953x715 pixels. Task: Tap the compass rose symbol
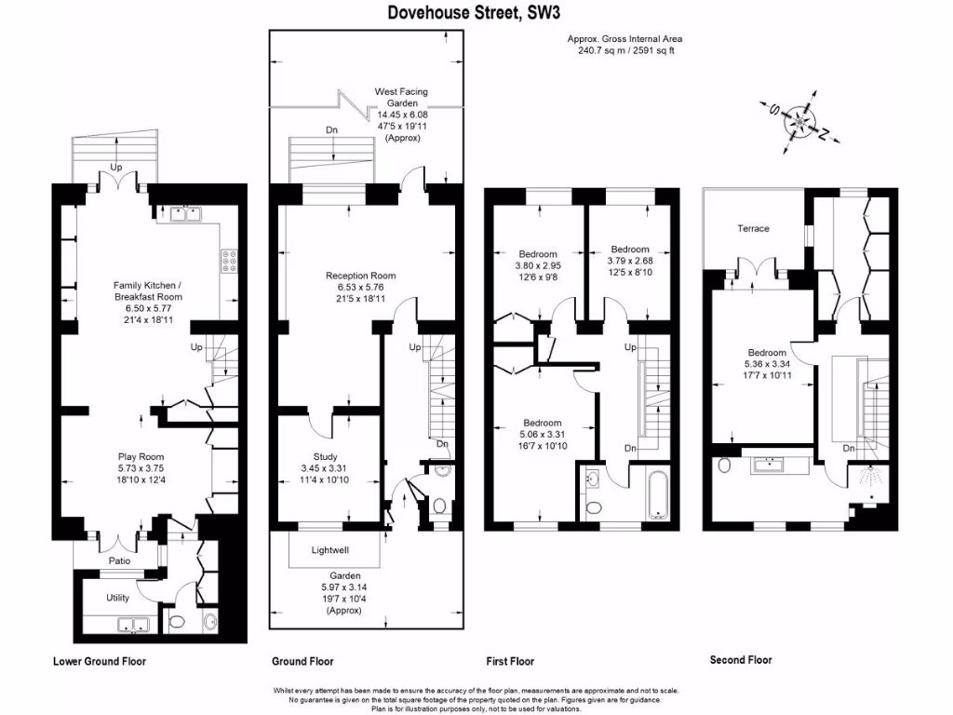click(x=799, y=122)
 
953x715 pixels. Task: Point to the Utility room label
click(x=117, y=598)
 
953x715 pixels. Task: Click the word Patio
click(x=119, y=560)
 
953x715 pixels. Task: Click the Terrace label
click(x=754, y=228)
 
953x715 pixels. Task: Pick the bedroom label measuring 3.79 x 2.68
click(x=630, y=261)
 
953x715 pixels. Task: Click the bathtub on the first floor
click(x=658, y=493)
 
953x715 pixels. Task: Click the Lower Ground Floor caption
click(x=99, y=661)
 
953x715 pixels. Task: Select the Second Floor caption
click(x=741, y=660)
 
